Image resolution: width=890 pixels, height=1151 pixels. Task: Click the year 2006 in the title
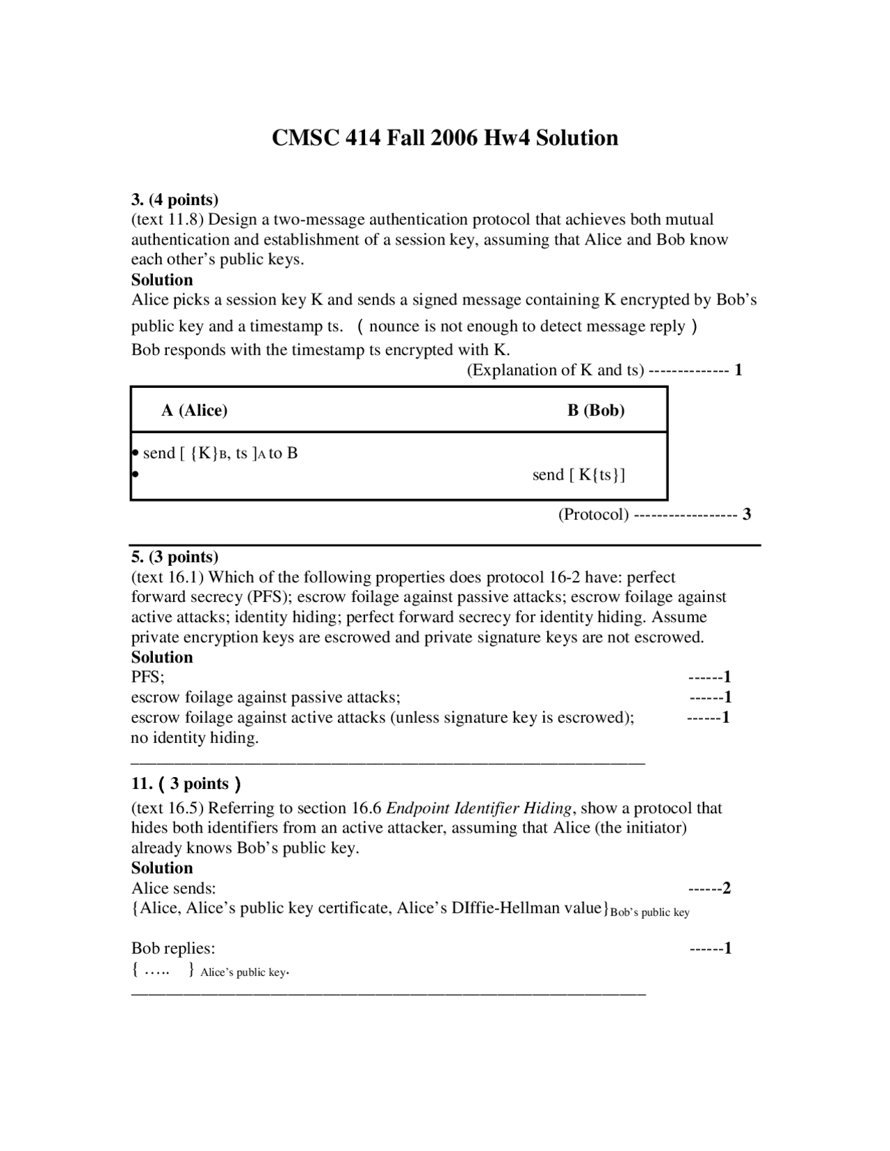pos(455,138)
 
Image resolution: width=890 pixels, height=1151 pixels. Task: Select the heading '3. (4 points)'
pos(175,200)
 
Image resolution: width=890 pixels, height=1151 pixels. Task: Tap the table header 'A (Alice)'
pos(194,410)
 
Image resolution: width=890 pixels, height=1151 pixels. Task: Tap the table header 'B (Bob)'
pos(596,410)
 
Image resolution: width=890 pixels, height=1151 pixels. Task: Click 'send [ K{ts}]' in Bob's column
pos(578,475)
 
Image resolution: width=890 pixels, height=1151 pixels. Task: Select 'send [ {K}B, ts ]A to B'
pos(220,453)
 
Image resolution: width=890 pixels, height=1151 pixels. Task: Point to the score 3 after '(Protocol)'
pos(747,514)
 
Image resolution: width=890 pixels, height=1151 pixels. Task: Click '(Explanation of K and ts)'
pos(555,370)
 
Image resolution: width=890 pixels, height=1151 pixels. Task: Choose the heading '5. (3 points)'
pos(175,557)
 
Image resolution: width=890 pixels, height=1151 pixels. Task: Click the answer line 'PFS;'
pos(147,677)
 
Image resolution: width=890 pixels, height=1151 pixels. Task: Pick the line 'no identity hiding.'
pos(195,737)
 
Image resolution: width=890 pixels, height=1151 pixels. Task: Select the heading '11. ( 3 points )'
pos(186,784)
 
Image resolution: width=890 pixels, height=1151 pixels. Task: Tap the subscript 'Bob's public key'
pos(649,913)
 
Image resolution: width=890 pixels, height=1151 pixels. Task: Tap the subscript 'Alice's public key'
pos(243,972)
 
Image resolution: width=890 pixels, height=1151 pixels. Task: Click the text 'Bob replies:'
pos(173,948)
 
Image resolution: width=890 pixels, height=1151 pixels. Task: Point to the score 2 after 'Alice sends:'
pos(727,888)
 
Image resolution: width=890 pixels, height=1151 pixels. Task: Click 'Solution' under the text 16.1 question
pos(162,657)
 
